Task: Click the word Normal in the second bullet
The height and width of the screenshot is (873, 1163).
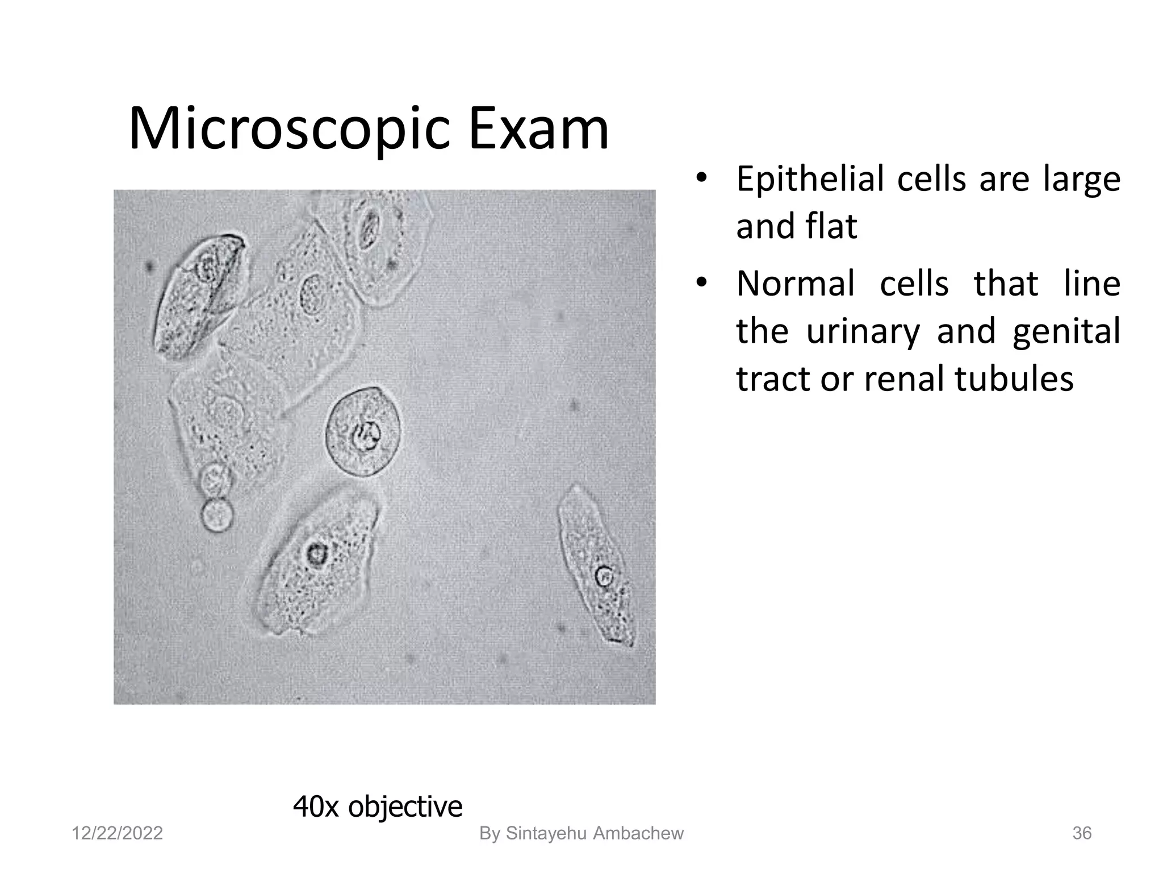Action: [794, 284]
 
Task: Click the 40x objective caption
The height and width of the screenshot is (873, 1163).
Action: [377, 806]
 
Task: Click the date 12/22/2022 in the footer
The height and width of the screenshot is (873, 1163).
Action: [117, 833]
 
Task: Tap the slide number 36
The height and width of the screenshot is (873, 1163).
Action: [1081, 833]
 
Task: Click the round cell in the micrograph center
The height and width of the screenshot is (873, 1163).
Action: [363, 432]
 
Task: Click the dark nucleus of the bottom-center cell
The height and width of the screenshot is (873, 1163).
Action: [315, 553]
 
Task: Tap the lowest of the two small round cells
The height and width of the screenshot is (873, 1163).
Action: [216, 514]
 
